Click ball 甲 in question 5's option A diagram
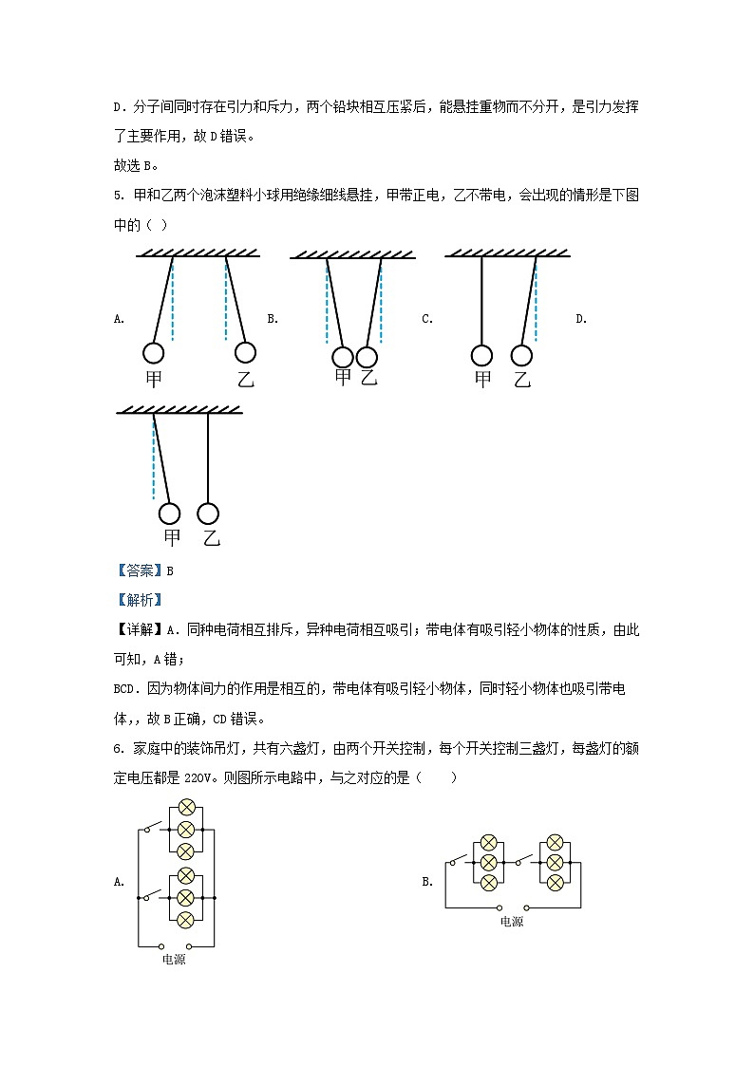pyautogui.click(x=153, y=353)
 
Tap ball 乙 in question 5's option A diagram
pyautogui.click(x=245, y=353)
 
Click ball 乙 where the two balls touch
pyautogui.click(x=367, y=357)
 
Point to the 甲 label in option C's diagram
pyautogui.click(x=483, y=380)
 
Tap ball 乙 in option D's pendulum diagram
pyautogui.click(x=208, y=514)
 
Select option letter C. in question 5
pyautogui.click(x=427, y=319)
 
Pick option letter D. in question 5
pyautogui.click(x=581, y=319)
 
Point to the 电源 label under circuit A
pyautogui.click(x=174, y=960)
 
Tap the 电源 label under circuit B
pyautogui.click(x=512, y=922)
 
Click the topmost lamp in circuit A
pyautogui.click(x=186, y=808)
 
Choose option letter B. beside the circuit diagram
pyautogui.click(x=427, y=882)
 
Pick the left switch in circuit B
pyautogui.click(x=459, y=862)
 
